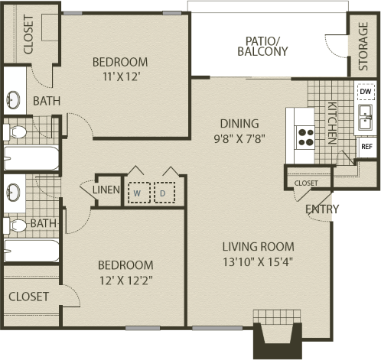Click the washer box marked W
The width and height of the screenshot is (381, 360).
coord(139,193)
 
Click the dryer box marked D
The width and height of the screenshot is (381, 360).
coord(164,193)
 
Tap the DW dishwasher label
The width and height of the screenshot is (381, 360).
coord(366,91)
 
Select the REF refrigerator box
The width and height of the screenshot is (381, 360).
coord(366,147)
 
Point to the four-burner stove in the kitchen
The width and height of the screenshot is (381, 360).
coord(305,137)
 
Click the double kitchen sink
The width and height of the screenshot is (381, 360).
coord(366,118)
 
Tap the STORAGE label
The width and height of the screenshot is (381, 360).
coord(363,47)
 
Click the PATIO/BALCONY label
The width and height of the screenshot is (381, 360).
coord(262,47)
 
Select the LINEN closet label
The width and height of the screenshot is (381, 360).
coord(106,190)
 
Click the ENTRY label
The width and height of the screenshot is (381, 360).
coord(322,209)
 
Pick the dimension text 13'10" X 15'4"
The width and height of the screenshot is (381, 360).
coord(258,261)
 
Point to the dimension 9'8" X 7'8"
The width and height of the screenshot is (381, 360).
coord(239,139)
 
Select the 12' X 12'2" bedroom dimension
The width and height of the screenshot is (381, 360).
coord(126,281)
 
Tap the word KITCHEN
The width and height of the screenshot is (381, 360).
coord(332,123)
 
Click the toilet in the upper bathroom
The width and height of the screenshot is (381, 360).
coord(15,132)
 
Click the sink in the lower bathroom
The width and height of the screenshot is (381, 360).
coord(13,192)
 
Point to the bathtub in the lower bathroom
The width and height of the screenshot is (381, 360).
coord(31,251)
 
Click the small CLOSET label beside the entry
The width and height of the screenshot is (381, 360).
coord(306,183)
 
